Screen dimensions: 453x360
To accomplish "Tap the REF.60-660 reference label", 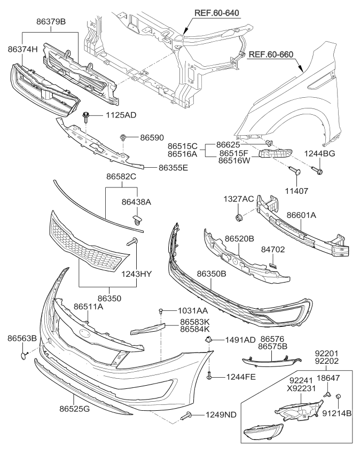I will (x=272, y=54).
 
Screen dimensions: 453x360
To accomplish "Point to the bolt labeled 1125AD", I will (x=86, y=115).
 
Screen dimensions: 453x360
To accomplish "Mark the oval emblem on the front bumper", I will (x=85, y=332).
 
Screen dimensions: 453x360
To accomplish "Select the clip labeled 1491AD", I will (x=209, y=340).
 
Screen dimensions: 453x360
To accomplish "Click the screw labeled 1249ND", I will (x=186, y=416).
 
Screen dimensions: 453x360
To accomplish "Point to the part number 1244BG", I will (x=319, y=153).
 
